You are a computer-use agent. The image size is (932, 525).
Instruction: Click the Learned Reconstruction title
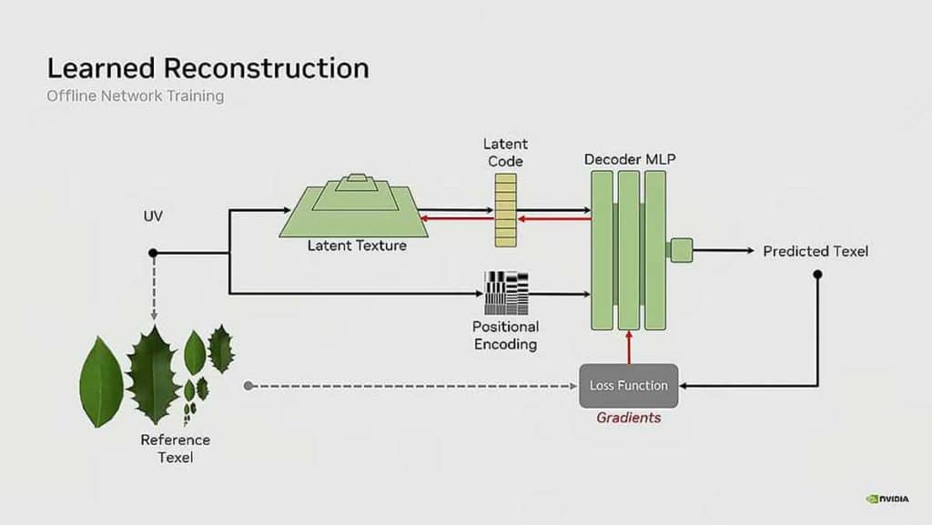[208, 68]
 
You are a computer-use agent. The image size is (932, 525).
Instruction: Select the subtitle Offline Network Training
[135, 96]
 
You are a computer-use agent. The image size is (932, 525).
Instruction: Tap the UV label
[153, 217]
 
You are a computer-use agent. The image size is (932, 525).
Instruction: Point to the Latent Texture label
[357, 246]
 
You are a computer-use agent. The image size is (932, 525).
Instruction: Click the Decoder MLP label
[630, 159]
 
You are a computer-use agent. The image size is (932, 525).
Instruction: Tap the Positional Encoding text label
[505, 335]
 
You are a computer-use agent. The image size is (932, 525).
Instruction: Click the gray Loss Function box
[629, 386]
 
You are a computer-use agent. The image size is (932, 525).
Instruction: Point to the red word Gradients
[629, 418]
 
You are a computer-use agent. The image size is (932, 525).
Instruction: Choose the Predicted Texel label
[815, 251]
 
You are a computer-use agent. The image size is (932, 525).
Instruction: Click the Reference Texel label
[175, 449]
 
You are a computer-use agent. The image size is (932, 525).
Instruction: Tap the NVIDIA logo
[887, 499]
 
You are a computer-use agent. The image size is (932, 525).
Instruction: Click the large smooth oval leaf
[102, 381]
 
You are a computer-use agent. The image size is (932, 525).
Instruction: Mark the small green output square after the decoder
[680, 249]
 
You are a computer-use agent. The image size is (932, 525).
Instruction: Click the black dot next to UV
[153, 252]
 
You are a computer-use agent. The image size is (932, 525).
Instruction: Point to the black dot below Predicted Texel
[816, 273]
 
